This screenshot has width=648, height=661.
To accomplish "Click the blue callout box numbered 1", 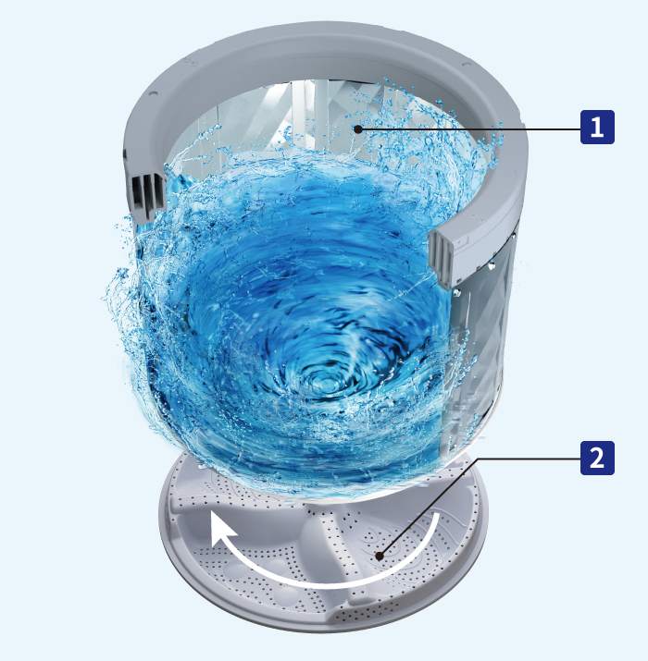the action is click(x=597, y=127).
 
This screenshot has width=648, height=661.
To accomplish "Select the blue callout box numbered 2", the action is click(x=597, y=458).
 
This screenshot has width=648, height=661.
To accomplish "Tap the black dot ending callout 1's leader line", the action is click(x=358, y=129).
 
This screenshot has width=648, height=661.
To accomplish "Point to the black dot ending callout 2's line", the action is click(x=380, y=557).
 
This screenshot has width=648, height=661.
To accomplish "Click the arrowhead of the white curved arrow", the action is click(x=221, y=528).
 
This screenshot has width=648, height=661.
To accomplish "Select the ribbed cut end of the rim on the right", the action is click(x=441, y=258).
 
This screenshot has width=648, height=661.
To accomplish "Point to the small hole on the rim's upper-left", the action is click(x=153, y=93).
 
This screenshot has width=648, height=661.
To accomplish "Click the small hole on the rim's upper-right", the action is click(x=467, y=65).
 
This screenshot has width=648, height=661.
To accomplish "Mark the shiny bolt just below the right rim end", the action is click(x=456, y=292).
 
